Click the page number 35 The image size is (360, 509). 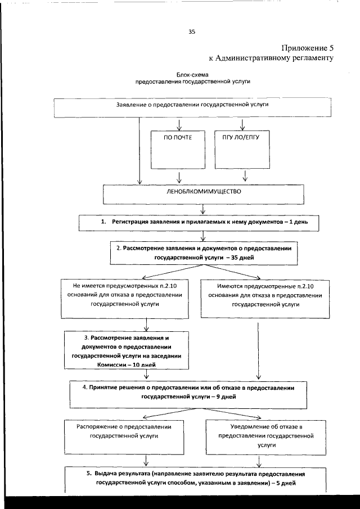pos(192,31)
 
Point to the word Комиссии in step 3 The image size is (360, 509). pos(110,365)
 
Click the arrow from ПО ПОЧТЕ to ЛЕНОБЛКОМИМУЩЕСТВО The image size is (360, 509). pos(179,178)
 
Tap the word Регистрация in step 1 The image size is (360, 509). pos(129,223)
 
